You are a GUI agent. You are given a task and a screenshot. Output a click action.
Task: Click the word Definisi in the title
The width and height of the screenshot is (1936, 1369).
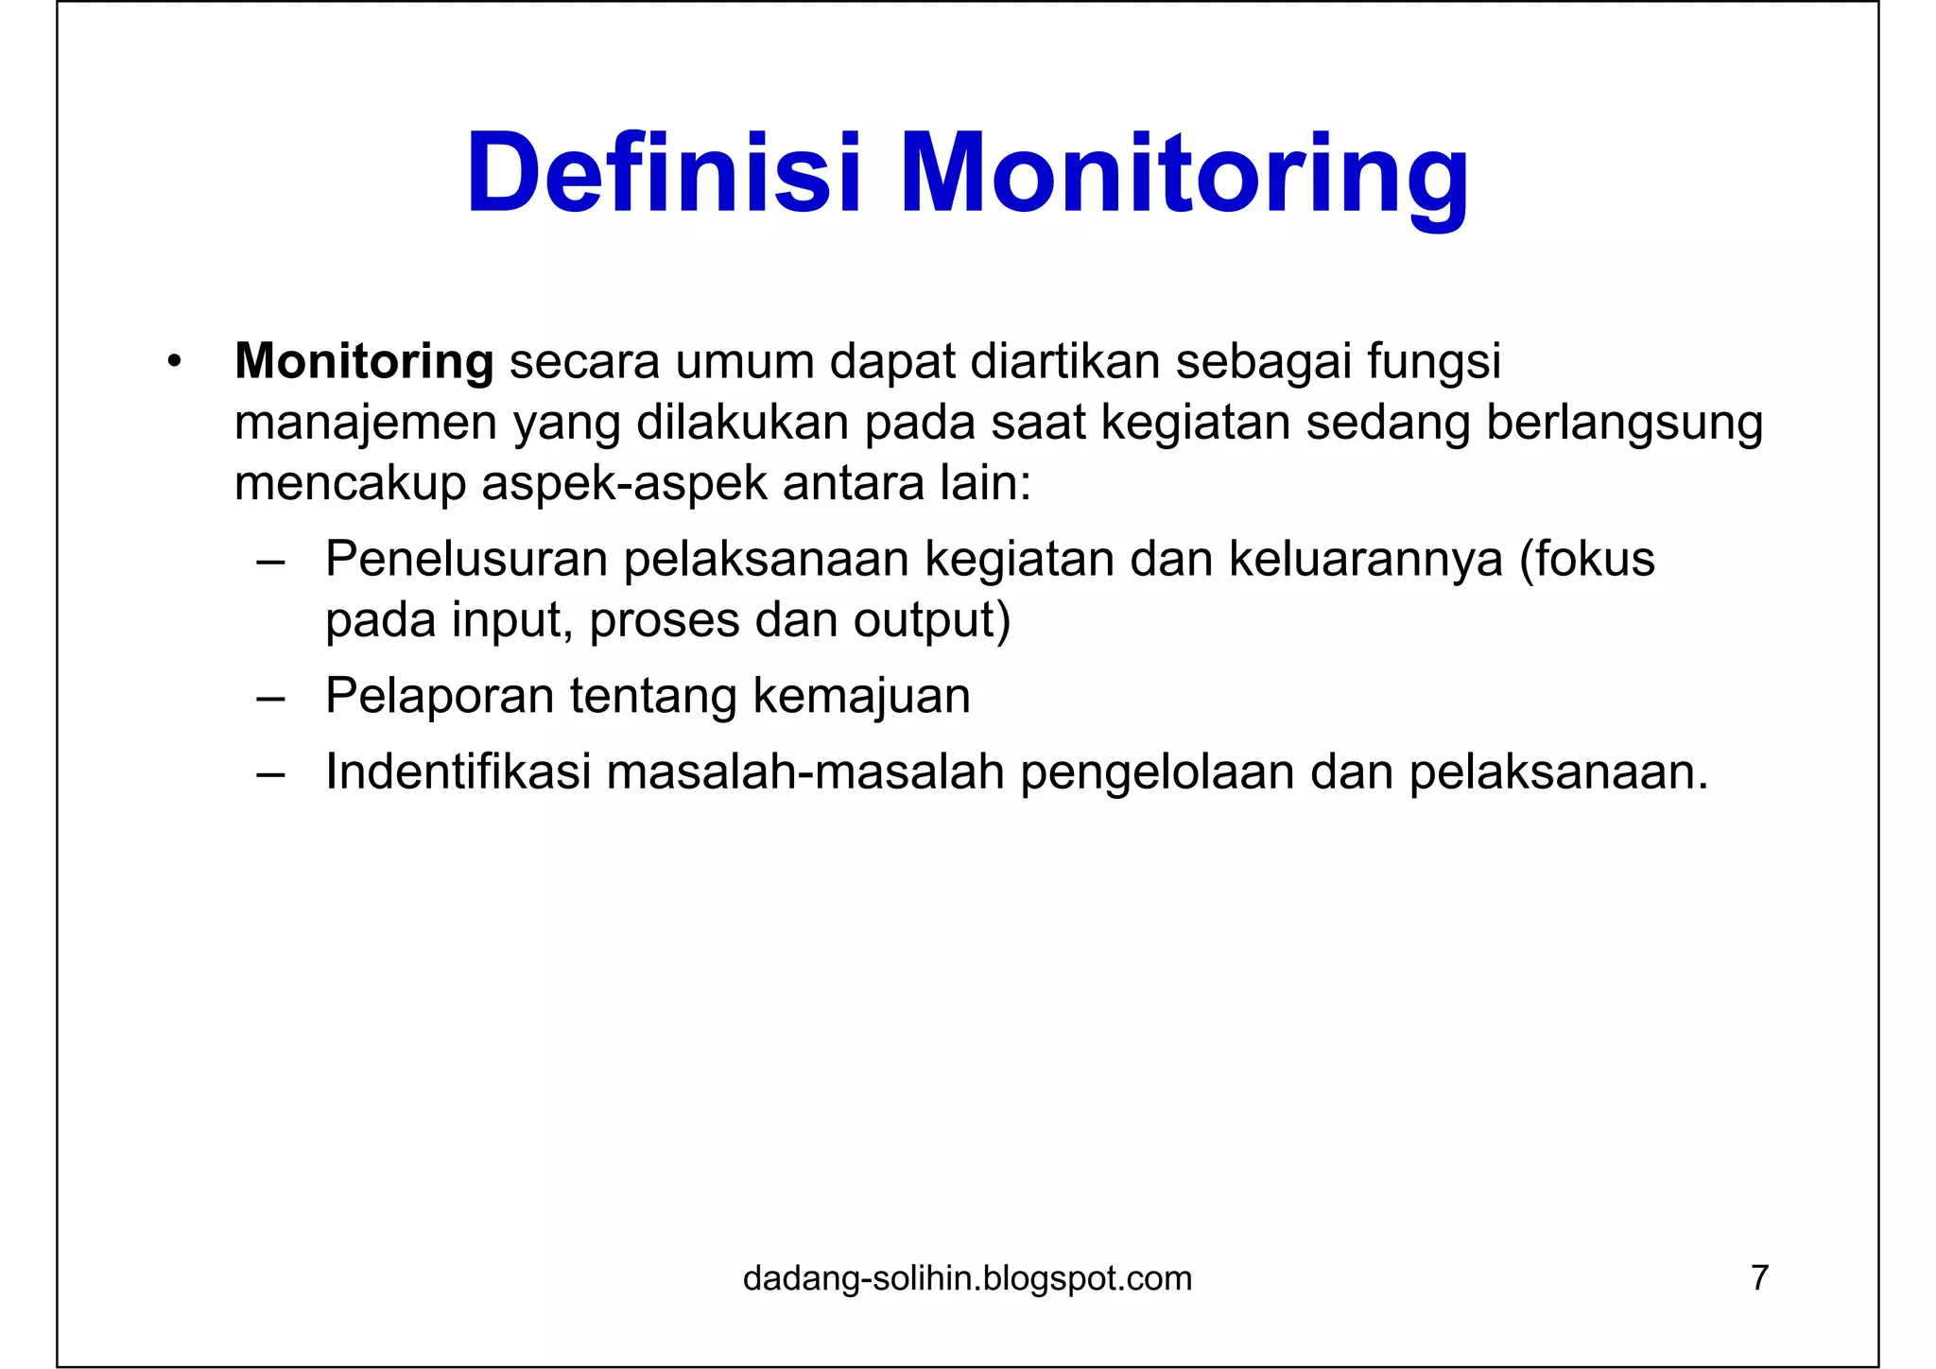663,175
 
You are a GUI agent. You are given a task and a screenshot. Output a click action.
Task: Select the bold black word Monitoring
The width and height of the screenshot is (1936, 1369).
364,361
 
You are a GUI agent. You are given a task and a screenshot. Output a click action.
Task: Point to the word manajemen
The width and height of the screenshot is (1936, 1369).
366,424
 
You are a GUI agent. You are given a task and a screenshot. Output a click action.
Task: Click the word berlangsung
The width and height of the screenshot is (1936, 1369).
1624,424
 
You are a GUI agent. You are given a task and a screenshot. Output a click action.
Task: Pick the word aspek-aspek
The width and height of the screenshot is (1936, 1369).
624,484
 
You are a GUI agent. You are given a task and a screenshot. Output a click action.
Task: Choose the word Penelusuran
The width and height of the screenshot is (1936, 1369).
466,559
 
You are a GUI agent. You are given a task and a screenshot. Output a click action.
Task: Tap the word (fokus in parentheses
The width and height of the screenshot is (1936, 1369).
1587,559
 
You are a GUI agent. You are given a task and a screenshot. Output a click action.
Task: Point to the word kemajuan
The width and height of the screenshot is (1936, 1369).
861,696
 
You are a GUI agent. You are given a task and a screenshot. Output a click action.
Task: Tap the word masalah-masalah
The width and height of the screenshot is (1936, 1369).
804,771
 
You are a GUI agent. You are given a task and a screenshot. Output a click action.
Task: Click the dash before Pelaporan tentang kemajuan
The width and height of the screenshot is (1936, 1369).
270,698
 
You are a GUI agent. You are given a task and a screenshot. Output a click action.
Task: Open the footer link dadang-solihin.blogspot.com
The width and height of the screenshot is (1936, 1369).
967,1278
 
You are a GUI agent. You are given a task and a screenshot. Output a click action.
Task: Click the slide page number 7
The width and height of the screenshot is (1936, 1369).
1759,1277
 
